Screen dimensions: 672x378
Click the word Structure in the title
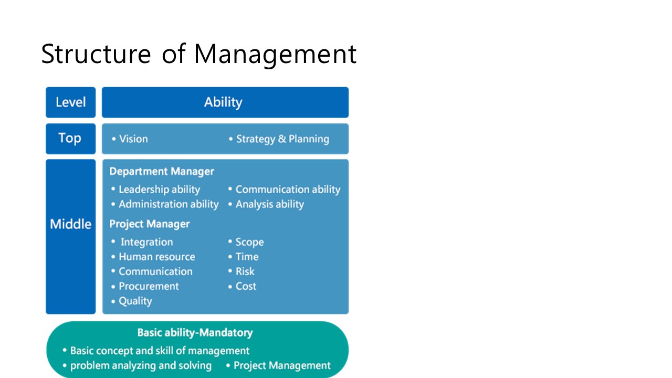tap(96, 54)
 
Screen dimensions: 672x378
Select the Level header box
tap(70, 102)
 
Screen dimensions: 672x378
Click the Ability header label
tap(223, 102)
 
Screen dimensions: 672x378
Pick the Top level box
tap(70, 139)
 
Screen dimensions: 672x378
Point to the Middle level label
tap(70, 224)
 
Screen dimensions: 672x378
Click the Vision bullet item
tap(130, 139)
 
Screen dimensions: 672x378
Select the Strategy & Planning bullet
tap(279, 139)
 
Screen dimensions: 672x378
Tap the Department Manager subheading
tap(162, 171)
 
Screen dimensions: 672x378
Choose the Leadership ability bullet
tap(155, 190)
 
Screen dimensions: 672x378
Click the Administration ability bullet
tap(165, 204)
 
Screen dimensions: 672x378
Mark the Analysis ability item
tap(266, 204)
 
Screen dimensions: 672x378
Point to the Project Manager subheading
tap(150, 224)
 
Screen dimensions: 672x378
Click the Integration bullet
tap(142, 242)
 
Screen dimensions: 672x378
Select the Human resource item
tap(153, 257)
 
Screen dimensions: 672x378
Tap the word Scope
tap(249, 242)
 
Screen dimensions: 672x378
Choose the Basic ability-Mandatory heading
tap(195, 333)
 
